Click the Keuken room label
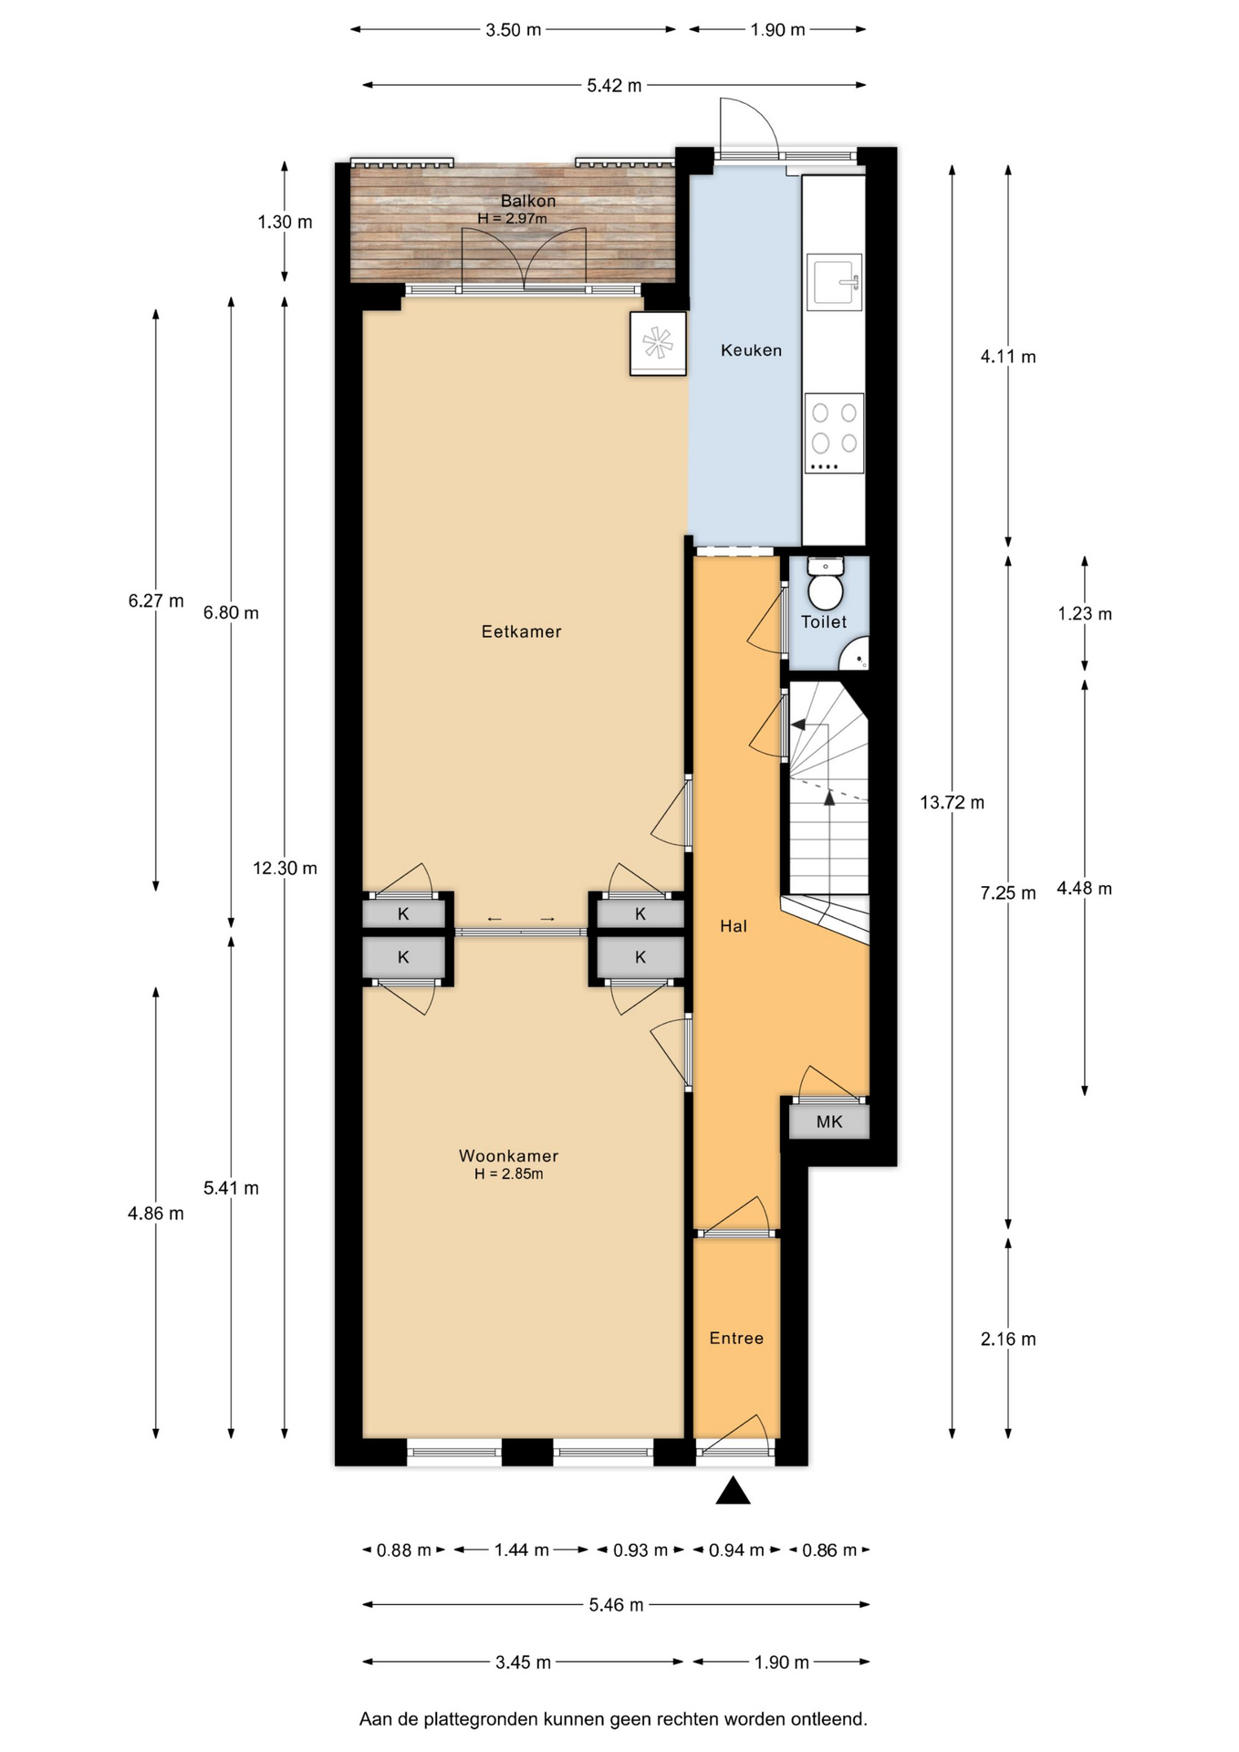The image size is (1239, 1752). point(751,350)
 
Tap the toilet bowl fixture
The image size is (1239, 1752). point(827,585)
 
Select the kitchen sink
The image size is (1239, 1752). point(834,282)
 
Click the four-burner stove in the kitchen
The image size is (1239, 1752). point(834,433)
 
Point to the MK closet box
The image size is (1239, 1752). point(829,1121)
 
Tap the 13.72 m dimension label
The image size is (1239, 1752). point(952,803)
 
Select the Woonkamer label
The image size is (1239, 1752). point(508,1156)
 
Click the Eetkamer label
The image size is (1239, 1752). point(521,631)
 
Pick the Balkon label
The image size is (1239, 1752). point(527,201)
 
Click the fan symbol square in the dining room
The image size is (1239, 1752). point(657,343)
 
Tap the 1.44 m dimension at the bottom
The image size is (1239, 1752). point(522,1549)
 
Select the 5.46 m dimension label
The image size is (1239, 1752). point(616,1604)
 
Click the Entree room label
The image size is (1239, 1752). point(736,1339)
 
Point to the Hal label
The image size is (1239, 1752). point(734,926)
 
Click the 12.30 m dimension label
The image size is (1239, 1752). point(285,869)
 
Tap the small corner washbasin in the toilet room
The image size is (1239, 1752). point(856,654)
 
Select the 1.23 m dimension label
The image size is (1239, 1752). point(1085,614)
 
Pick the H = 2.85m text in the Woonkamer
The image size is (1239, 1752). point(508,1174)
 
